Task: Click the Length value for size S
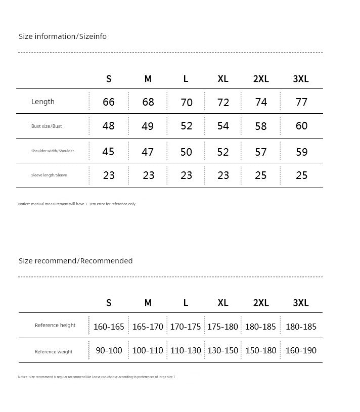[109, 102]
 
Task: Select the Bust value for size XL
[223, 126]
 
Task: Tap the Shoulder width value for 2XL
[261, 152]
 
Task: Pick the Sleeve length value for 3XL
[301, 175]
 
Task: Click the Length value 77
[301, 102]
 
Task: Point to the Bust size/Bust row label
[47, 126]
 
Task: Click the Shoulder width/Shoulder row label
[53, 151]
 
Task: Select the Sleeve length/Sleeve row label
[49, 175]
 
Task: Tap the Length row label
[43, 102]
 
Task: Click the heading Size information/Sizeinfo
[63, 36]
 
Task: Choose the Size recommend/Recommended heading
[76, 261]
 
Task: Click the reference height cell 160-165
[109, 327]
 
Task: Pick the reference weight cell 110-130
[186, 350]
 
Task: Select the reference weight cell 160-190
[301, 350]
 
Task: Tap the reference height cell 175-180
[222, 327]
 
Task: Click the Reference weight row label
[54, 352]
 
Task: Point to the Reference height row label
[55, 326]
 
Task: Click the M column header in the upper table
[148, 79]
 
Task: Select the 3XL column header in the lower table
[301, 303]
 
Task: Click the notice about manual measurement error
[77, 204]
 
